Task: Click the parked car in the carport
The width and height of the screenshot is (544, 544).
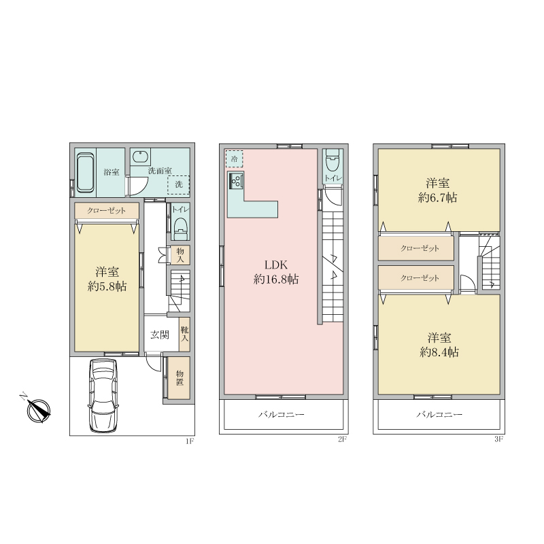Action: coord(103,395)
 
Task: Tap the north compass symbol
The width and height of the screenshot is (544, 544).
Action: coord(38,410)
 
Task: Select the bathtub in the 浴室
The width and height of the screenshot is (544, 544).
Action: coord(86,173)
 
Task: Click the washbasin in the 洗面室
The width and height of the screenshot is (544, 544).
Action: coord(141,156)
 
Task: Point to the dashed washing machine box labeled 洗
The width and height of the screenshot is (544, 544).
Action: coord(178,184)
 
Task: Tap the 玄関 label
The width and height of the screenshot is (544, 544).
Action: coord(160,335)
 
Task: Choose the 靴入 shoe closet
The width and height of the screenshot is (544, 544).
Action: coord(184,334)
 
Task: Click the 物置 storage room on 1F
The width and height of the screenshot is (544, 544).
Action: coord(179,378)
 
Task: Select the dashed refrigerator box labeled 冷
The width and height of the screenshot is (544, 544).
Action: coord(234,159)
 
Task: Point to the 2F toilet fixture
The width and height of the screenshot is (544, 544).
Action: coord(333,160)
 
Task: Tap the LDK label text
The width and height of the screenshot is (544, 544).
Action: coord(276,265)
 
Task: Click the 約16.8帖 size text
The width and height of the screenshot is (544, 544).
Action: coord(276,279)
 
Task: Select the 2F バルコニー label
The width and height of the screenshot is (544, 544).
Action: coord(282,415)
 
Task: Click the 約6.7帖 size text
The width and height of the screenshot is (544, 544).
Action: coord(438,198)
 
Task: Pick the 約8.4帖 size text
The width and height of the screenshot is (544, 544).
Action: coord(439,352)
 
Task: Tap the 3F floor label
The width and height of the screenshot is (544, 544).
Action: coord(498,439)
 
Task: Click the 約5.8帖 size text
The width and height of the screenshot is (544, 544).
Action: coord(107,286)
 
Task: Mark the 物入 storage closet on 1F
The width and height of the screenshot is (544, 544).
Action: coord(180,255)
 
